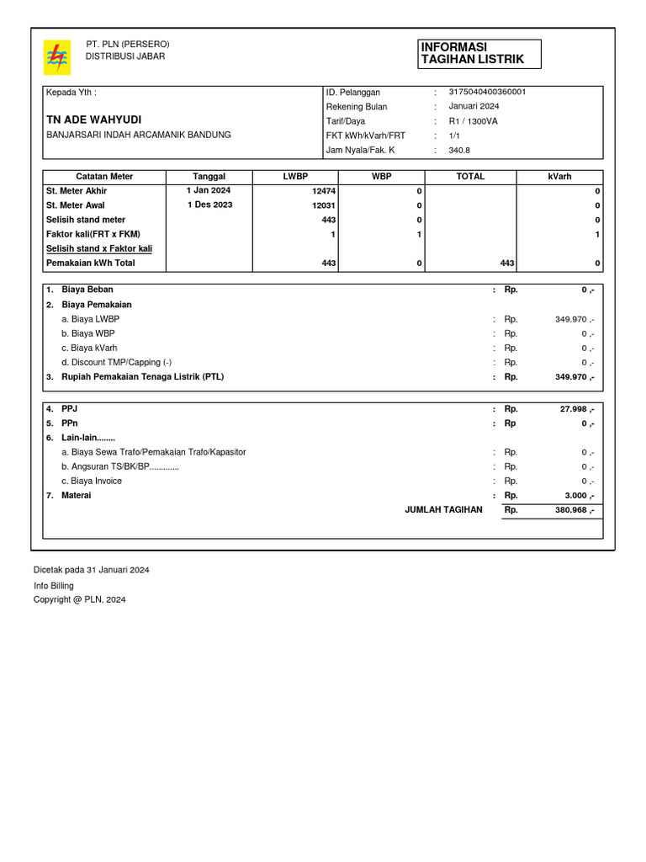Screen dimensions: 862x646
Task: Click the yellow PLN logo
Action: pyautogui.click(x=57, y=57)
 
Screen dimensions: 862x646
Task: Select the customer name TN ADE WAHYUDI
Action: pyautogui.click(x=93, y=120)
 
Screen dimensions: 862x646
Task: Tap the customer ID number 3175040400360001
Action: pyautogui.click(x=487, y=92)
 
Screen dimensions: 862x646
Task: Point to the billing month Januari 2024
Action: pyautogui.click(x=474, y=106)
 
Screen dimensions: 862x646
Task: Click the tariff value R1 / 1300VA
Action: pyautogui.click(x=474, y=121)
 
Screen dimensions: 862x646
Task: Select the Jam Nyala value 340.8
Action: pyautogui.click(x=459, y=150)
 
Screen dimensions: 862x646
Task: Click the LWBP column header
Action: pyautogui.click(x=295, y=177)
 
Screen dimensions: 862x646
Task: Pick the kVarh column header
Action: pyautogui.click(x=559, y=177)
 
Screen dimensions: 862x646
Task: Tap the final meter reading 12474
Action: pyautogui.click(x=324, y=191)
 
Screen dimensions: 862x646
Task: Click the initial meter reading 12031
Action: pyautogui.click(x=324, y=205)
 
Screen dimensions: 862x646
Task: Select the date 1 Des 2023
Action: pyautogui.click(x=209, y=205)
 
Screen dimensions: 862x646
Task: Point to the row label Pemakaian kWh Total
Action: pyautogui.click(x=90, y=263)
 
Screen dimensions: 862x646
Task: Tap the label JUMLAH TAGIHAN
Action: pyautogui.click(x=443, y=509)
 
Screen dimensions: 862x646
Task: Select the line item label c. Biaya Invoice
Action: pyautogui.click(x=92, y=481)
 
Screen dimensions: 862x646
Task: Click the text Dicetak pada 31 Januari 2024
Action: pyautogui.click(x=91, y=570)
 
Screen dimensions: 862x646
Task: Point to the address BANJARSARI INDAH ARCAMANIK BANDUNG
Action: pyautogui.click(x=138, y=135)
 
